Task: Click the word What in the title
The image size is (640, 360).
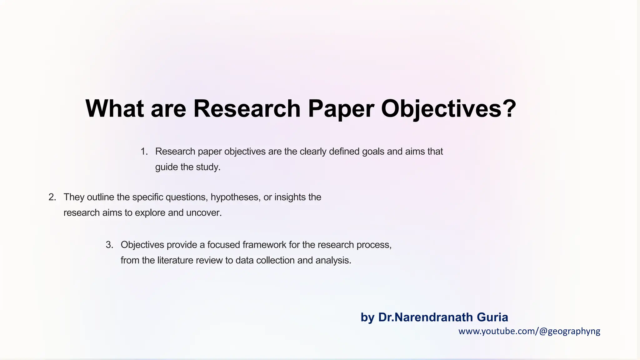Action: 114,108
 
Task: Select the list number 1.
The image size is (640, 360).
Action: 144,152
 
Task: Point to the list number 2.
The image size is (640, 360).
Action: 52,197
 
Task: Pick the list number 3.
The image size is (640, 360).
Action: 109,245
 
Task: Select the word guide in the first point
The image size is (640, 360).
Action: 167,167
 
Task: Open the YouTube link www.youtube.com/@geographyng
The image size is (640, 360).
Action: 529,331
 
